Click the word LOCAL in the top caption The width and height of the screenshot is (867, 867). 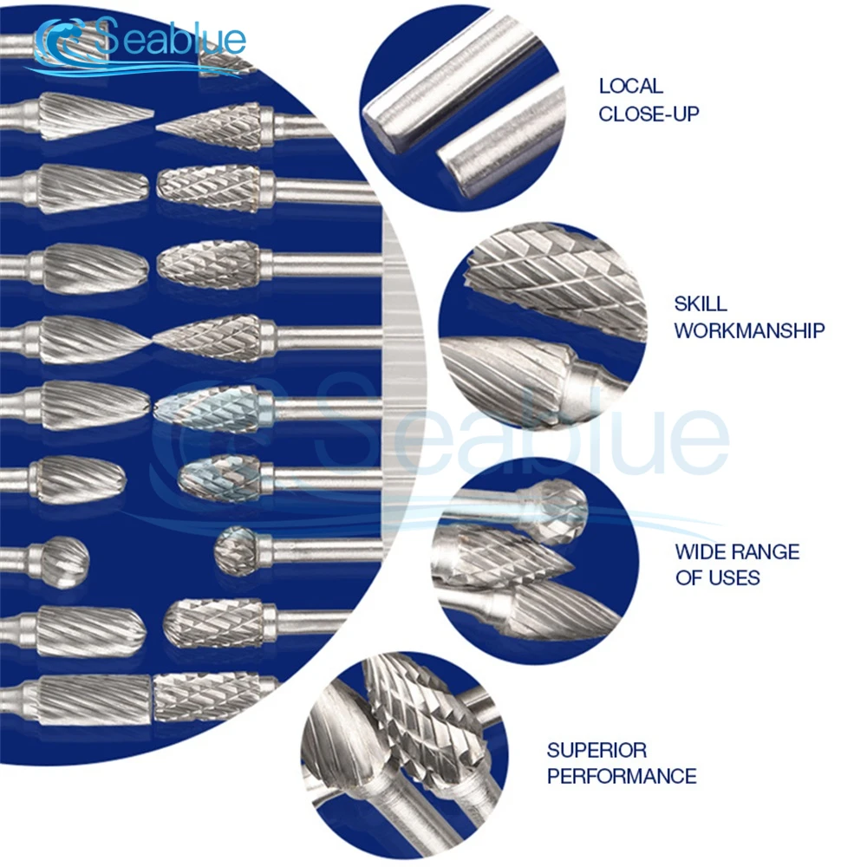coord(630,86)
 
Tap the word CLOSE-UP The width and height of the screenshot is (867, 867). coord(649,113)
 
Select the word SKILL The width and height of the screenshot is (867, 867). coord(701,303)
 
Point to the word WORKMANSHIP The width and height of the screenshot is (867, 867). coord(749,330)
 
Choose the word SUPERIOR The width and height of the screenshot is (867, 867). coord(596,749)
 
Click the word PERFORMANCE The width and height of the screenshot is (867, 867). coord(622,776)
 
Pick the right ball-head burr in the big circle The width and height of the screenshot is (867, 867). coord(236,550)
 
